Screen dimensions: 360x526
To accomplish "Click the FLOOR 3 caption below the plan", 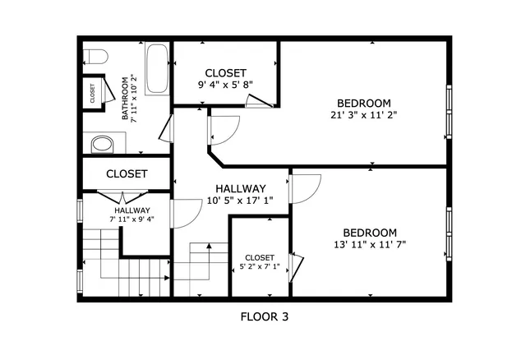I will [x=264, y=316].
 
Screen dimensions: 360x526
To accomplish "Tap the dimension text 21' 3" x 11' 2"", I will [x=364, y=116].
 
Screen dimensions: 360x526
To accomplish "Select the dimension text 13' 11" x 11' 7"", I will [x=369, y=244].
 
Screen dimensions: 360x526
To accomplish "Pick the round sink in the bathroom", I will [x=102, y=145].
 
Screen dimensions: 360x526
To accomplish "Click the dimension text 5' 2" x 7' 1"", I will [x=260, y=266].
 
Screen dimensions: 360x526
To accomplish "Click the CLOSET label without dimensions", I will [x=127, y=174].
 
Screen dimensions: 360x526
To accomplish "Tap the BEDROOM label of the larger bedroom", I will [x=363, y=103].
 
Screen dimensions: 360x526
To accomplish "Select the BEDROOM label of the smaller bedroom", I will [x=369, y=232].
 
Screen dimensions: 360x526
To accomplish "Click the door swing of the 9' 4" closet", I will [x=257, y=101].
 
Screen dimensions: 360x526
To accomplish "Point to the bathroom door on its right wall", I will [x=168, y=127].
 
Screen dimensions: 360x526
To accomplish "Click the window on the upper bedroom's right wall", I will [x=449, y=111].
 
